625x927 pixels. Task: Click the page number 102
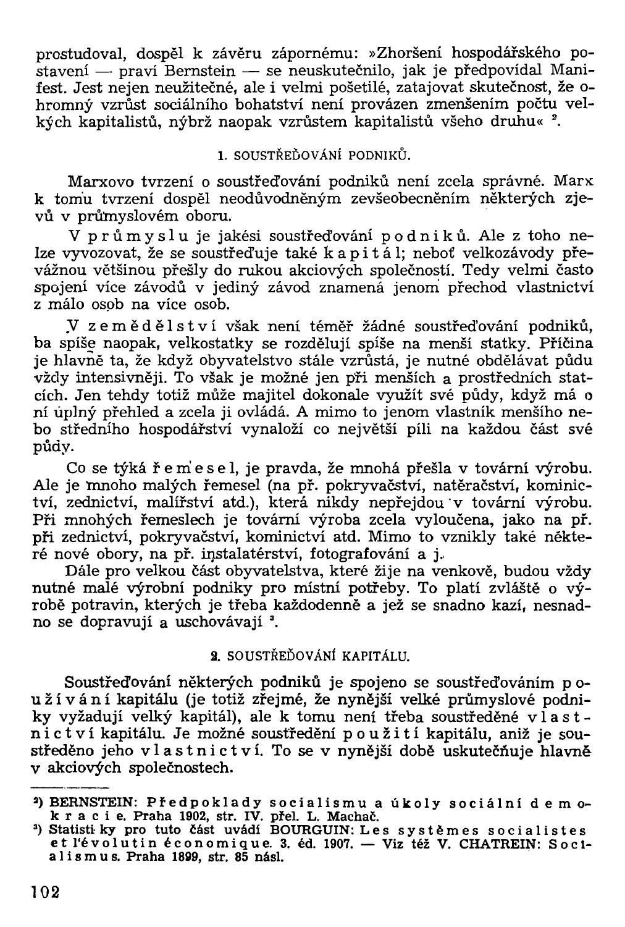click(43, 892)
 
